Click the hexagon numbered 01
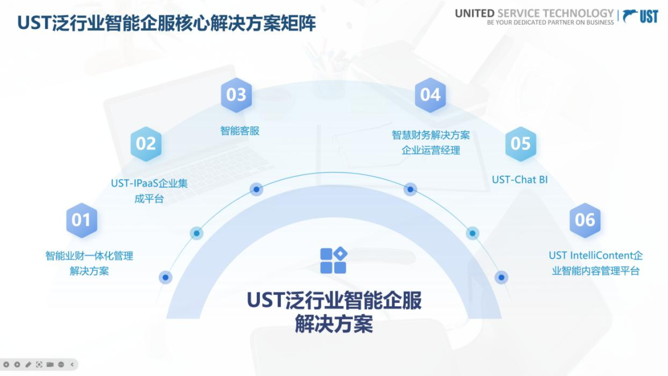click(82, 220)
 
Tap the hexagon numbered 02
click(146, 144)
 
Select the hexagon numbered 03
click(236, 95)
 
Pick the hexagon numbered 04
click(430, 95)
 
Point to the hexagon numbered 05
click(520, 144)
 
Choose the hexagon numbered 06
click(584, 220)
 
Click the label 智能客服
click(239, 130)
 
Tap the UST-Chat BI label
click(520, 180)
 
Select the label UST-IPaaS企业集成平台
click(149, 190)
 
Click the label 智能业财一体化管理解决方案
click(89, 263)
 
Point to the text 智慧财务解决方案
click(430, 135)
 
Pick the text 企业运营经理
click(430, 150)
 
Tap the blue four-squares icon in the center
click(333, 260)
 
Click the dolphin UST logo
click(640, 16)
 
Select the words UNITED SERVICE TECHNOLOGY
click(534, 13)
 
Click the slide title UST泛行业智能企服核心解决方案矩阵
click(166, 23)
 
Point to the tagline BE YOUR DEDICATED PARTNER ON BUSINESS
click(550, 22)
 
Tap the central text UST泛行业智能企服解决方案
click(334, 312)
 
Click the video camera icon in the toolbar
click(50, 364)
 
